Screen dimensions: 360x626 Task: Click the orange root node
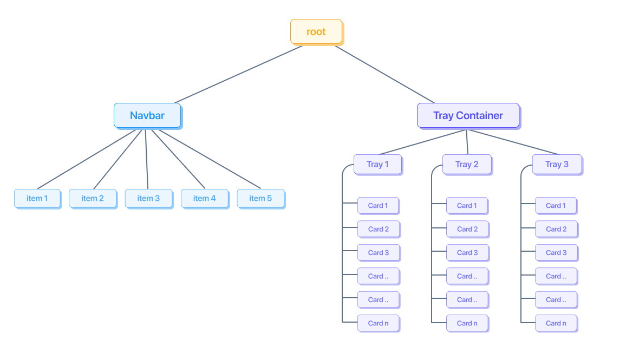pyautogui.click(x=316, y=31)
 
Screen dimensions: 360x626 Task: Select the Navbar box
pyautogui.click(x=147, y=115)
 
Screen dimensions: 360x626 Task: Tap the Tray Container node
pyautogui.click(x=468, y=115)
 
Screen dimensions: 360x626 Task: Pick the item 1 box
pyautogui.click(x=37, y=198)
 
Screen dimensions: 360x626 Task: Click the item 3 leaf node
pyautogui.click(x=148, y=198)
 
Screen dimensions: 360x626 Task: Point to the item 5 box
pyautogui.click(x=260, y=198)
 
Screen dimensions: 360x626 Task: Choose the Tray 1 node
pyautogui.click(x=377, y=164)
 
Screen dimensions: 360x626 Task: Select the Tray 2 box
pyautogui.click(x=467, y=164)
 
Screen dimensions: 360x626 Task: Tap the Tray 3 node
pyautogui.click(x=557, y=164)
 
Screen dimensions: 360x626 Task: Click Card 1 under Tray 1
pyautogui.click(x=378, y=205)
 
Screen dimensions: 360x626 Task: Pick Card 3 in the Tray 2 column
pyautogui.click(x=467, y=252)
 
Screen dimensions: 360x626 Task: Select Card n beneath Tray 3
pyautogui.click(x=556, y=323)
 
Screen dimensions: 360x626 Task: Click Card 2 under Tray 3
pyautogui.click(x=556, y=229)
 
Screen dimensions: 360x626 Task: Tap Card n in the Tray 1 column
pyautogui.click(x=378, y=323)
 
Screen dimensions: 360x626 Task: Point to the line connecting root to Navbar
pyautogui.click(x=238, y=74)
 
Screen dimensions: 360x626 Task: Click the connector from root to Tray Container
pyautogui.click(x=384, y=74)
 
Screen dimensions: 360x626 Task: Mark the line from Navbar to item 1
pyautogui.click(x=87, y=159)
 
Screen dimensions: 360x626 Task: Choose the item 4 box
pyautogui.click(x=204, y=198)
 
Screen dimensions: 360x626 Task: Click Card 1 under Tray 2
pyautogui.click(x=467, y=205)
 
